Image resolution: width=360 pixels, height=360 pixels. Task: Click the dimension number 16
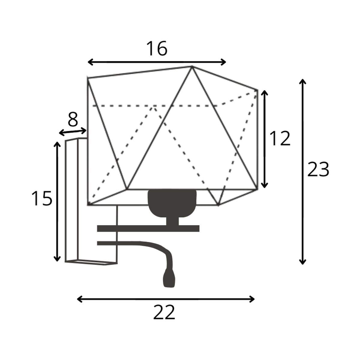157,48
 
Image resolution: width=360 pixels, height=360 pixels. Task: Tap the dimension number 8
73,119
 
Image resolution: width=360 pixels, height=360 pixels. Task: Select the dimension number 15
42,199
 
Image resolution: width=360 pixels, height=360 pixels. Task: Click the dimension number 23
318,169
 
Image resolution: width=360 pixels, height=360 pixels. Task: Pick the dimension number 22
164,312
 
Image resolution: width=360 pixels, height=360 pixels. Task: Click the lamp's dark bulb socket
172,204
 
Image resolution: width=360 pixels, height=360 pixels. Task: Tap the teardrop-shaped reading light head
169,279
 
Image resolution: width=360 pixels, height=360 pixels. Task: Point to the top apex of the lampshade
192,66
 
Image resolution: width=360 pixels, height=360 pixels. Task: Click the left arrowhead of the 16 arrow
88,62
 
